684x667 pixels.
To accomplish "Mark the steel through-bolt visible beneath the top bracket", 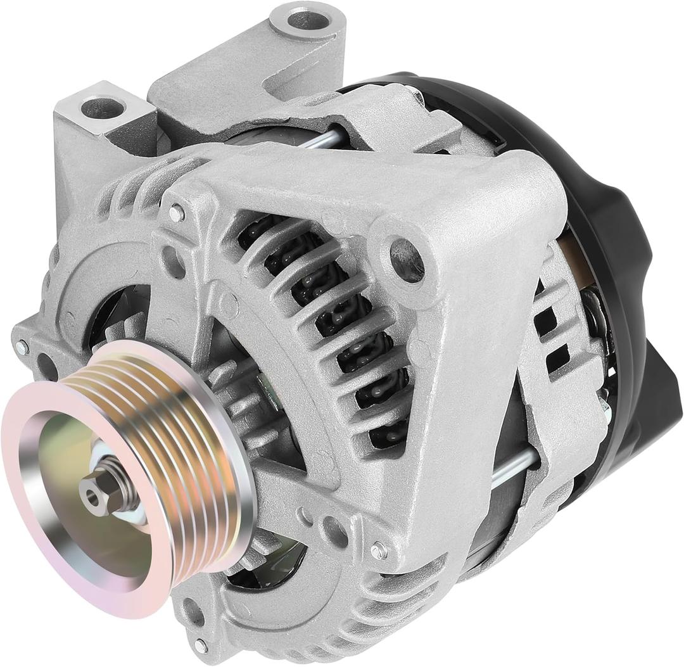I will point(320,139).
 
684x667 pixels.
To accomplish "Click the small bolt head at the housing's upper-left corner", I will point(175,214).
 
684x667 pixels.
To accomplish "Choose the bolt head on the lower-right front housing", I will point(378,550).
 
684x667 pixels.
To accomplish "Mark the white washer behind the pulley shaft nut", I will point(130,513).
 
